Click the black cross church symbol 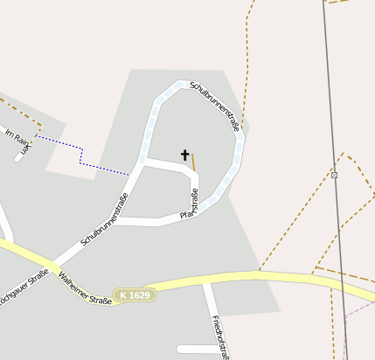(184, 156)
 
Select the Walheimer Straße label (85, 289)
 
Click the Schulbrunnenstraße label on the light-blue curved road (215, 108)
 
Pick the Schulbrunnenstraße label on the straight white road (104, 218)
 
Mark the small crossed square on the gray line (334, 175)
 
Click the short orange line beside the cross (193, 162)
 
